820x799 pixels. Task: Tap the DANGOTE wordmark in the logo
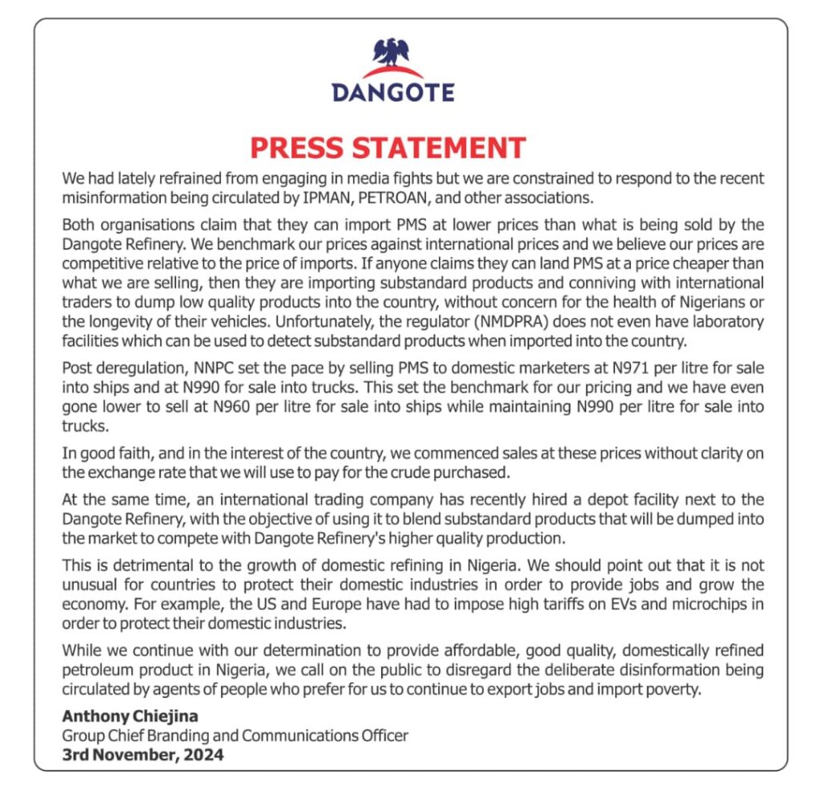(392, 92)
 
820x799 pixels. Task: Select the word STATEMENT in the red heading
(443, 148)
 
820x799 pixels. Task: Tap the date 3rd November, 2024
(143, 754)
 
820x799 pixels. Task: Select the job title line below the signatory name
(235, 735)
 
